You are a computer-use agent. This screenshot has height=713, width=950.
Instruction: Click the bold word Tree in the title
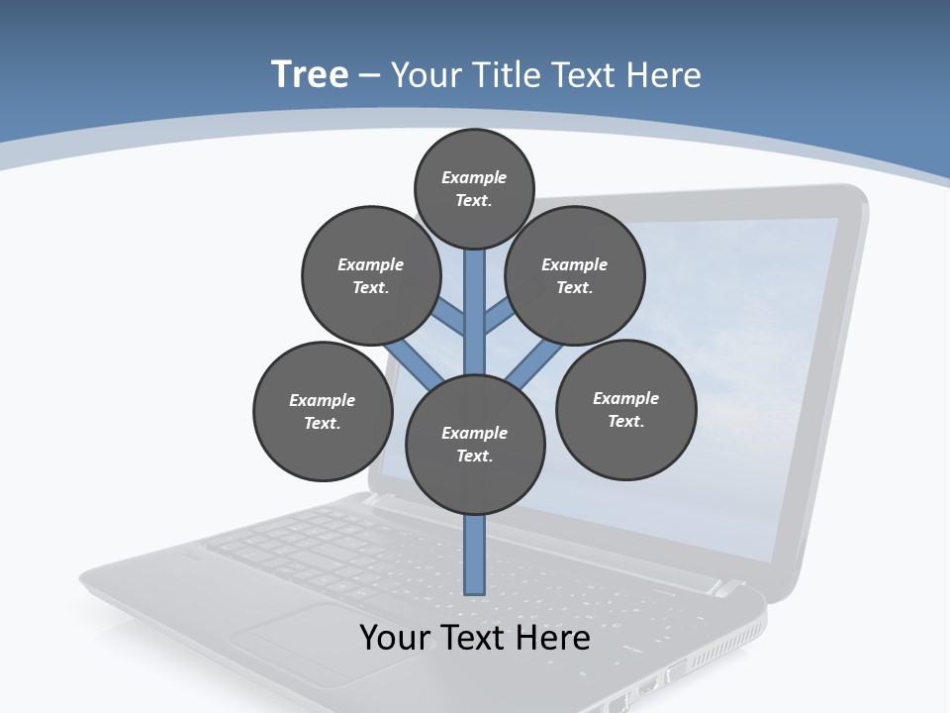pyautogui.click(x=310, y=74)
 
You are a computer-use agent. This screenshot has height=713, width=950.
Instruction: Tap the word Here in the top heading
pyautogui.click(x=661, y=74)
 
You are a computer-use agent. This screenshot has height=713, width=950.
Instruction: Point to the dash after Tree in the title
pyautogui.click(x=369, y=76)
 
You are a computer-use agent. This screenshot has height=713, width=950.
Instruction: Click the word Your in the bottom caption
pyautogui.click(x=396, y=638)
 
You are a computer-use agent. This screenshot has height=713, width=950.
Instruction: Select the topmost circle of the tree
pyautogui.click(x=474, y=188)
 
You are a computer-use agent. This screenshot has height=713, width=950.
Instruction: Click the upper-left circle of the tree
pyautogui.click(x=371, y=275)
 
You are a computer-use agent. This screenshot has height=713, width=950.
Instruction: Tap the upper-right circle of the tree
pyautogui.click(x=575, y=275)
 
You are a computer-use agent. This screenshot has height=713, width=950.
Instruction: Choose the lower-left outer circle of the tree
pyautogui.click(x=323, y=411)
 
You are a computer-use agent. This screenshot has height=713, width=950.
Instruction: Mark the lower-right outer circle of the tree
pyautogui.click(x=625, y=409)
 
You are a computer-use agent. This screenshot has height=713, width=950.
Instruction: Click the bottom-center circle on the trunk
pyautogui.click(x=475, y=445)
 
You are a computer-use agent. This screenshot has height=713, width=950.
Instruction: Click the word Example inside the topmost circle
pyautogui.click(x=474, y=177)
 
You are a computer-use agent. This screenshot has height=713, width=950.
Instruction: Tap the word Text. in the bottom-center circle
pyautogui.click(x=474, y=457)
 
